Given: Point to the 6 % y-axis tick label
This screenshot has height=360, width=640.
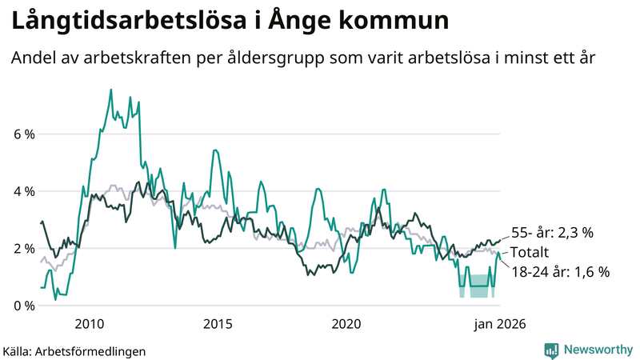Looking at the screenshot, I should [23, 134].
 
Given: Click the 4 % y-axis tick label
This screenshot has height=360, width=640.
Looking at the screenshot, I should [23, 192].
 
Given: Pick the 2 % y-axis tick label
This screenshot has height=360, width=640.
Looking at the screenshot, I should [23, 249].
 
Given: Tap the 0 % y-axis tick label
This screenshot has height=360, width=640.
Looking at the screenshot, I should [23, 306].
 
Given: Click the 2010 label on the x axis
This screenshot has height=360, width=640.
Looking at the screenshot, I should [89, 324].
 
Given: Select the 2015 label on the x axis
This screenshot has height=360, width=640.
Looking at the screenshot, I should [218, 324].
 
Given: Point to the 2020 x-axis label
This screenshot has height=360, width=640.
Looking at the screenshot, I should [346, 324].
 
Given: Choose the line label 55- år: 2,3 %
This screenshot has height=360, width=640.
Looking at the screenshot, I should [551, 233].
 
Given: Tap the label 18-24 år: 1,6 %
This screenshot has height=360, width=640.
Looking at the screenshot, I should [560, 271].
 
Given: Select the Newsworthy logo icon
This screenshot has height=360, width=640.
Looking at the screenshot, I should [551, 350].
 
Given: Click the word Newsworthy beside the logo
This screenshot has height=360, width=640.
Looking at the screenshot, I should [597, 350].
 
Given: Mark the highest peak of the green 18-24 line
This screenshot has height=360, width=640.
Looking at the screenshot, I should [110, 90].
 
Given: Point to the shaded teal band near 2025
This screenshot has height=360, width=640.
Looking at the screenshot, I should [478, 286].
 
